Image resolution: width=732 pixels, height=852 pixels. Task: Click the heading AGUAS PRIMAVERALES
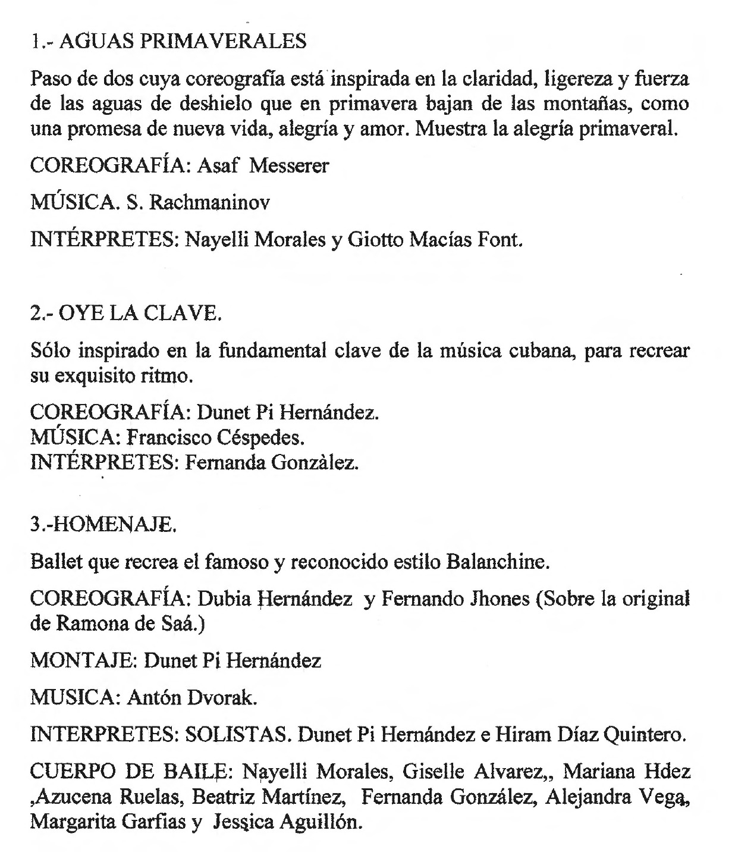[184, 41]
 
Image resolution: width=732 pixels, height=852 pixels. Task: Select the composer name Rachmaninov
[209, 203]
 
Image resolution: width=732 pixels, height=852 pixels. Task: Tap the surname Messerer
[288, 165]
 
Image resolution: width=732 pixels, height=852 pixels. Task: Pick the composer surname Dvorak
[222, 698]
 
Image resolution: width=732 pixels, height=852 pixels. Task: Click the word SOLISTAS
[237, 735]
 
